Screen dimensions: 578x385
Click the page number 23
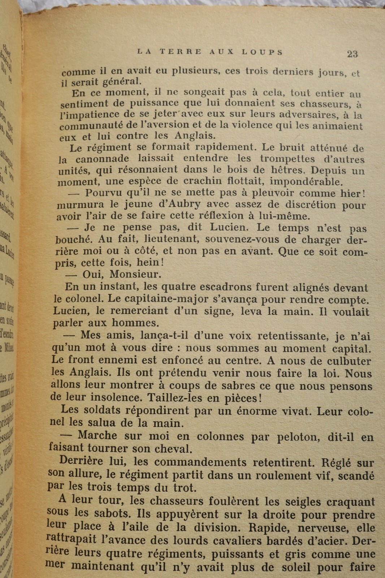pyautogui.click(x=352, y=54)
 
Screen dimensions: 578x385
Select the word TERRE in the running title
pyautogui.click(x=180, y=52)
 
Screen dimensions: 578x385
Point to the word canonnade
pyautogui.click(x=102, y=159)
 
